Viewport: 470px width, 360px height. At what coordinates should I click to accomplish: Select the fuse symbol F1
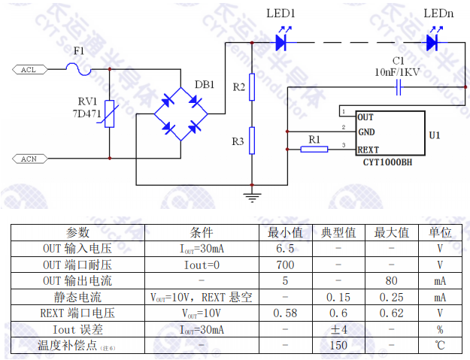click(78, 70)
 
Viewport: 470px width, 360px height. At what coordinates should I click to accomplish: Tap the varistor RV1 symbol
click(110, 114)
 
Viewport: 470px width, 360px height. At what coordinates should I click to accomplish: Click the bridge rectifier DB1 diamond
click(180, 114)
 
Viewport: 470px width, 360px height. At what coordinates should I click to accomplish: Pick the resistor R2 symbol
click(252, 87)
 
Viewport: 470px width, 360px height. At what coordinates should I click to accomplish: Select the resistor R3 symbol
click(252, 141)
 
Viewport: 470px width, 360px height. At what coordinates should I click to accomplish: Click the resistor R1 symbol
click(314, 149)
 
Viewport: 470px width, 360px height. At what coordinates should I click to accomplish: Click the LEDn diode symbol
click(432, 43)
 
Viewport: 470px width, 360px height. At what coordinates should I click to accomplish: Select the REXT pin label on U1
click(368, 150)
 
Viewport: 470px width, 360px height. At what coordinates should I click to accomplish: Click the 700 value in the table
click(285, 265)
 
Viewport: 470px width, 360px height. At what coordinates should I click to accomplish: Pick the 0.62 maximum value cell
click(391, 313)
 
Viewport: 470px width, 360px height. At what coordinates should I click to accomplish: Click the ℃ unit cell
click(439, 346)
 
